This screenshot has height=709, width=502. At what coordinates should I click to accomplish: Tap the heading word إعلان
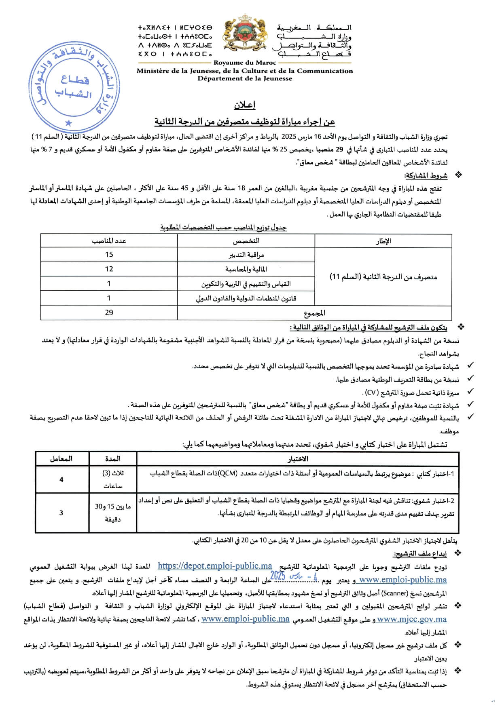(x=245, y=105)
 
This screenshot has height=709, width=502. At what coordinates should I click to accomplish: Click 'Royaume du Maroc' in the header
(x=245, y=63)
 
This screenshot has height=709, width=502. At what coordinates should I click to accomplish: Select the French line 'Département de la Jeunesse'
(x=245, y=78)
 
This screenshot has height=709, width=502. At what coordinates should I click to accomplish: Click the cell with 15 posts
(x=109, y=255)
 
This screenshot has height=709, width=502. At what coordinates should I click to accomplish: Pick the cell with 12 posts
(x=109, y=269)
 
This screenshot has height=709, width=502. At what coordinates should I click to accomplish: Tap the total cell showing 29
(x=109, y=312)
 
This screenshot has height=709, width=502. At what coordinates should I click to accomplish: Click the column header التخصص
(x=246, y=241)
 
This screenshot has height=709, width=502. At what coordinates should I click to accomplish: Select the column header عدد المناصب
(x=109, y=241)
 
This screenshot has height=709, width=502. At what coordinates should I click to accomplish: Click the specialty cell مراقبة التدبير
(x=246, y=255)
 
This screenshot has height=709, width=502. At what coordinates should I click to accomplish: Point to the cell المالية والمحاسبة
(x=246, y=269)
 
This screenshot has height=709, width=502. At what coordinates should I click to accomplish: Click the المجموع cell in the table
(x=314, y=313)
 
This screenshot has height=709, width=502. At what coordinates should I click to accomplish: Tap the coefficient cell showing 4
(x=61, y=479)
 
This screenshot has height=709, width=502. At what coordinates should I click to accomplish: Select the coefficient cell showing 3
(x=61, y=513)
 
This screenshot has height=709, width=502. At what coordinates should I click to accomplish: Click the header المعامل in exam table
(x=61, y=459)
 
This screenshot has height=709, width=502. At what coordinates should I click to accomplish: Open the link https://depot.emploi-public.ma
(x=215, y=566)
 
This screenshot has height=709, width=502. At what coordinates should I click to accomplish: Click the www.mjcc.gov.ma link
(x=411, y=619)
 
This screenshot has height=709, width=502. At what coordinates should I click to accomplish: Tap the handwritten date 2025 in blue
(x=278, y=576)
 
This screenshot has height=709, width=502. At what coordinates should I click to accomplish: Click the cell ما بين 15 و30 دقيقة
(x=112, y=513)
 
